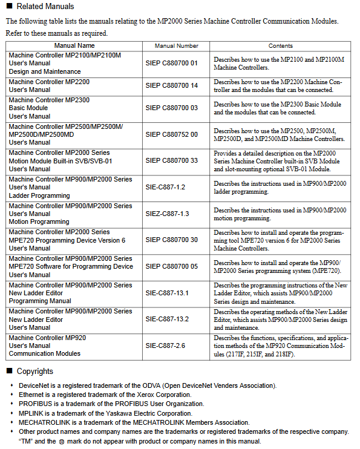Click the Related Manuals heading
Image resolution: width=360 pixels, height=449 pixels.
pos(45,7)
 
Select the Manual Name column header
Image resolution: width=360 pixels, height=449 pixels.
pos(74,45)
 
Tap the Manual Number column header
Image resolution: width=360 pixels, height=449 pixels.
pos(176,45)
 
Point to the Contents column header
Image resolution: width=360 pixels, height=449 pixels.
pos(280,45)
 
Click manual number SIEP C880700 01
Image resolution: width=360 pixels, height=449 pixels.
pos(172,63)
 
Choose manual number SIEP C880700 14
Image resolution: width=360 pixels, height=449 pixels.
pos(172,85)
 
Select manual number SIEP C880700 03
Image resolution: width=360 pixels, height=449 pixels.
pos(172,108)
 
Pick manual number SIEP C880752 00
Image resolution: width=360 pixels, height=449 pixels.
pos(172,134)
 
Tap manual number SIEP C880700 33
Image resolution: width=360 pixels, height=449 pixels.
pos(172,161)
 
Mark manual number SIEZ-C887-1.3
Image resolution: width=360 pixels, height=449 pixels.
pos(168,214)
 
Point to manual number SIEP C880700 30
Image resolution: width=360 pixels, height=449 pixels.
pos(172,240)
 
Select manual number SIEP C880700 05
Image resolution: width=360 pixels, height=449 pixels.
pos(172,266)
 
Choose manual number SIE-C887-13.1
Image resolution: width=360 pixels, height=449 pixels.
pos(168,293)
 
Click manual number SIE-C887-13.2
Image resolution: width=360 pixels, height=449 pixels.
pos(168,319)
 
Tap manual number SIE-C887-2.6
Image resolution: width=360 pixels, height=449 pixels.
pos(165,346)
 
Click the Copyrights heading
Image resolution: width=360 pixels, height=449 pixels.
pos(35,371)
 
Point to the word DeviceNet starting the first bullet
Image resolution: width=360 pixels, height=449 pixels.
pos(35,385)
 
